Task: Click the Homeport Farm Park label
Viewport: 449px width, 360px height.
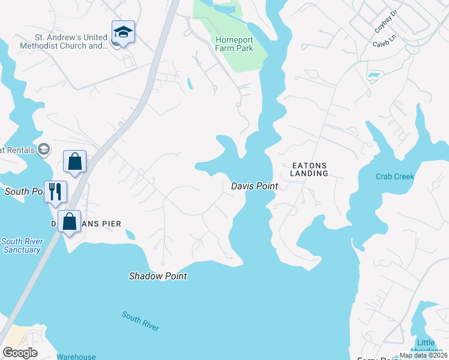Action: tap(239, 44)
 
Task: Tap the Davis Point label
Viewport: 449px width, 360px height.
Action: tap(255, 187)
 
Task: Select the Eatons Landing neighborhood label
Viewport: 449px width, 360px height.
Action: tap(309, 169)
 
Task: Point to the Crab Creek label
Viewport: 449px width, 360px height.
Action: tap(395, 176)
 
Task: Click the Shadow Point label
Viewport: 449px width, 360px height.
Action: tap(158, 277)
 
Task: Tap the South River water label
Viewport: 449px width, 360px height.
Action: tap(140, 320)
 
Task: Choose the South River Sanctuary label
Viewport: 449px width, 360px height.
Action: tap(20, 245)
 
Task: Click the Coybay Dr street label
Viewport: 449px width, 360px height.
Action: tap(387, 22)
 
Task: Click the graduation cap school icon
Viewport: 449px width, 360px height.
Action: tap(123, 32)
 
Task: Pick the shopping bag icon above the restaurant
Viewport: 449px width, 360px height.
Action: tap(75, 161)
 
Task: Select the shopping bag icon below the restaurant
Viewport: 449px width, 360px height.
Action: tap(70, 221)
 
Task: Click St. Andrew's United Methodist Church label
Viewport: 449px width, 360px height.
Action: tap(63, 46)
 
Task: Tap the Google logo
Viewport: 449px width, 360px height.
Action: tap(20, 353)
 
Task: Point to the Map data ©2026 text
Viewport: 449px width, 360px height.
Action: tap(423, 355)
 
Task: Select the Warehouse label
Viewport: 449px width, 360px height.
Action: tap(76, 357)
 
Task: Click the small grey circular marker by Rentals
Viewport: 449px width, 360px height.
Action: tap(43, 149)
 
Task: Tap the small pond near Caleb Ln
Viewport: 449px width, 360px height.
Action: tap(374, 76)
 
